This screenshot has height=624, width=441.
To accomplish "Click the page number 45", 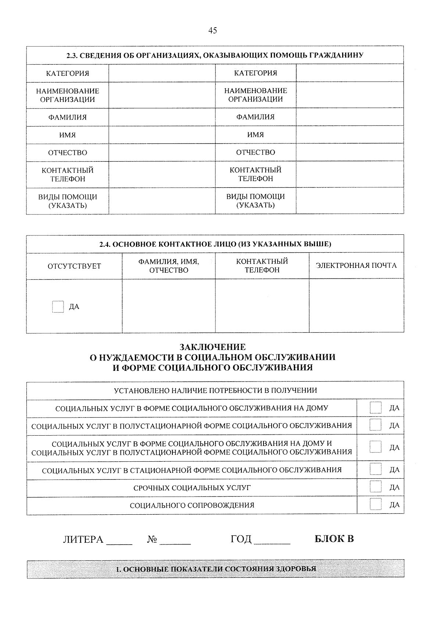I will (212, 31).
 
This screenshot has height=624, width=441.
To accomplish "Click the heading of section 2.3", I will (215, 56).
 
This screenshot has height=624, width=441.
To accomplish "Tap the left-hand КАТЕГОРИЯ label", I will (67, 73).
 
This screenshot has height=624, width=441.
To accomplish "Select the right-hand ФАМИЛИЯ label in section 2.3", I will (255, 117).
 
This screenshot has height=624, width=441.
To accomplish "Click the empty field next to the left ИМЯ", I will (162, 135).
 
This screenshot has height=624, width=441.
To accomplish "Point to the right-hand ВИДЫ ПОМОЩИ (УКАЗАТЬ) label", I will (255, 201).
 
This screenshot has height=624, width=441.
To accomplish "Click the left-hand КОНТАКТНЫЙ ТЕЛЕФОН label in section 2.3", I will (67, 175).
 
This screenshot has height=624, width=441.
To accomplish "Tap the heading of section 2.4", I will (215, 244).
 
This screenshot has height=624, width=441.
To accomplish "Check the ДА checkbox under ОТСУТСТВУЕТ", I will (58, 307).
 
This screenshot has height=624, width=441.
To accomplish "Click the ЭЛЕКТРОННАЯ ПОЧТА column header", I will (356, 266).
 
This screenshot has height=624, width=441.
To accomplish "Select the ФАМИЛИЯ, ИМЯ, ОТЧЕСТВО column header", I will (168, 266).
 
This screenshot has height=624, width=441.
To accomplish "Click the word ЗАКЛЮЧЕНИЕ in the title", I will (212, 347).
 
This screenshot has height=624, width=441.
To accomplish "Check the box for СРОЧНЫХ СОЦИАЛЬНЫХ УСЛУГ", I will (375, 487).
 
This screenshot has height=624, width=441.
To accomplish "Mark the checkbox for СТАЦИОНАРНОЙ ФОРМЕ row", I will (375, 469).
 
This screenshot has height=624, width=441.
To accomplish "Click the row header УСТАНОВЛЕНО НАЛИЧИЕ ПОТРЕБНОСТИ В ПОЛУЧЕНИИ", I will (215, 390).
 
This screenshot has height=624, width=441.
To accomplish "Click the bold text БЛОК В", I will (334, 539).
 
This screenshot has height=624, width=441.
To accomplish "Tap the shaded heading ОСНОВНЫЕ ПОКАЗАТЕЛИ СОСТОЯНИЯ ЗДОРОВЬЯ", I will (216, 569).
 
